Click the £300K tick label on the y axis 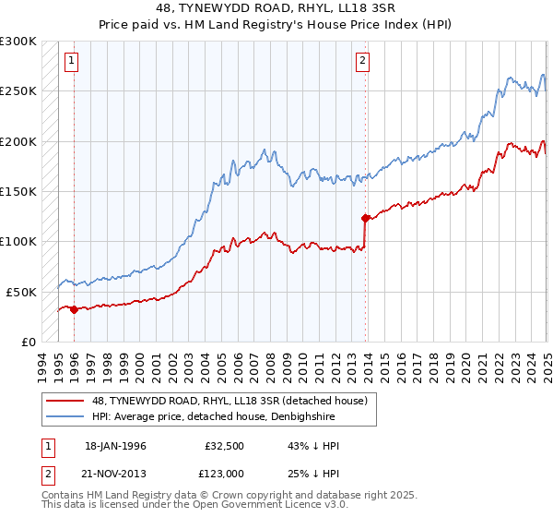pyautogui.click(x=18, y=42)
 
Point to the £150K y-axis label pyautogui.click(x=18, y=191)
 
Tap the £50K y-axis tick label pyautogui.click(x=21, y=291)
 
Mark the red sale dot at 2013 pyautogui.click(x=365, y=219)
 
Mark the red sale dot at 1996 pyautogui.click(x=74, y=309)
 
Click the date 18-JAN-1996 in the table pyautogui.click(x=115, y=446)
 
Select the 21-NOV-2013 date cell pyautogui.click(x=115, y=473)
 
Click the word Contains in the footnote pyautogui.click(x=65, y=496)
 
